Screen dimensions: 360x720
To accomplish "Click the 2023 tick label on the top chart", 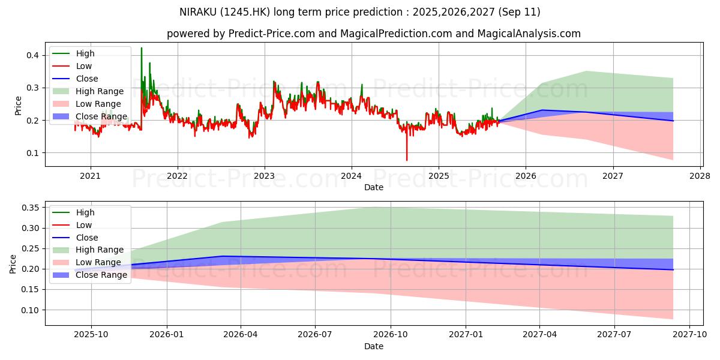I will coord(264,176).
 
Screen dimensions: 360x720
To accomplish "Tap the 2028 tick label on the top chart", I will coord(700,176).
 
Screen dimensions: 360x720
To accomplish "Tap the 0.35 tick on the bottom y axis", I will coord(29,208).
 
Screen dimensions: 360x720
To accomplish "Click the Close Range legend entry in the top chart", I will coord(101,116).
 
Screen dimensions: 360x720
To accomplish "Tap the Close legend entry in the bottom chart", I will coord(87,238).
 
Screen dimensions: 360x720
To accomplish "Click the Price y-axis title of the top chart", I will coord(17,105).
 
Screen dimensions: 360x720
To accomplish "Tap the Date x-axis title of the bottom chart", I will coord(374,346).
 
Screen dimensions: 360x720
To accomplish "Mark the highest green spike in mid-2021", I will coord(142,48).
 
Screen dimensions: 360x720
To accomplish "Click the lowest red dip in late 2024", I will coord(407,160).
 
